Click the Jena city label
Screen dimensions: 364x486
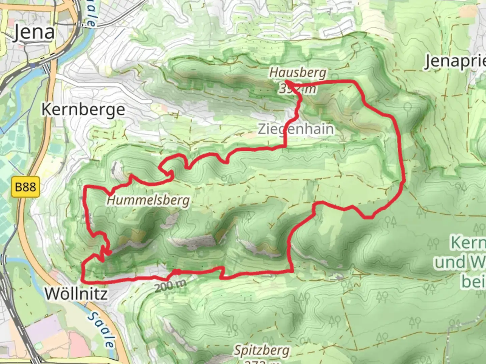[34, 33]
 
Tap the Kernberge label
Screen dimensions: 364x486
[83, 110]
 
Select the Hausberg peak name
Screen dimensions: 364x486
[298, 72]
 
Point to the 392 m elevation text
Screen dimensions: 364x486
[298, 89]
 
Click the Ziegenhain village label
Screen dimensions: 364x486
[296, 129]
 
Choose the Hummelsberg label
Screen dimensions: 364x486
[148, 201]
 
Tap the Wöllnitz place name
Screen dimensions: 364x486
[77, 294]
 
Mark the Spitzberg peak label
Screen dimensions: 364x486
[262, 351]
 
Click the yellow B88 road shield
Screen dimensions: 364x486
[26, 186]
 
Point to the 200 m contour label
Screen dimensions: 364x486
[171, 286]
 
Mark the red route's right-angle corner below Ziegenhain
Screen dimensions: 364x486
[286, 147]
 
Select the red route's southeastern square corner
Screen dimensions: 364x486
[292, 271]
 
